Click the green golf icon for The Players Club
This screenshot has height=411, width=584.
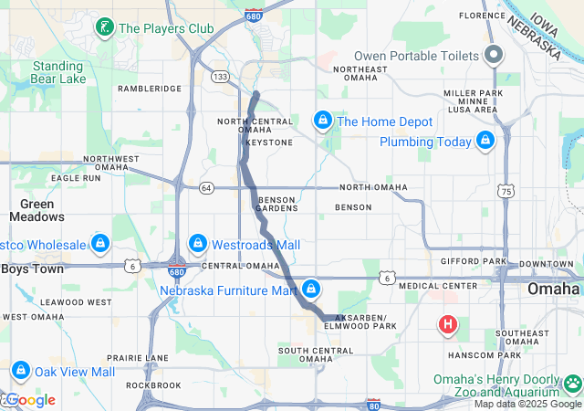pyautogui.click(x=106, y=28)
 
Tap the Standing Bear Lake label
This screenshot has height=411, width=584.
pyautogui.click(x=58, y=73)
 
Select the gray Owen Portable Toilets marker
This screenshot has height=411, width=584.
pyautogui.click(x=494, y=56)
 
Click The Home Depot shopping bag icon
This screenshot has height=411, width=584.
pyautogui.click(x=322, y=121)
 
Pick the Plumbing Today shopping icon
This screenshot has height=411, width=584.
pyautogui.click(x=485, y=142)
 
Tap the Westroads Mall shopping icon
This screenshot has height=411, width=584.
pyautogui.click(x=197, y=244)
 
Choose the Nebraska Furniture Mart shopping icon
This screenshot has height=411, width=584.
pyautogui.click(x=312, y=290)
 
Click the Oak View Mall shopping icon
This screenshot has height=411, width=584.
pyautogui.click(x=21, y=372)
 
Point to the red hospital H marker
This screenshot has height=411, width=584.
pyautogui.click(x=448, y=324)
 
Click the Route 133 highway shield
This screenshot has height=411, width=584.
pyautogui.click(x=220, y=78)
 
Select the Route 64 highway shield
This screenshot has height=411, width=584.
pyautogui.click(x=207, y=188)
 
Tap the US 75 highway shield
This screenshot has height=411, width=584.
pyautogui.click(x=506, y=190)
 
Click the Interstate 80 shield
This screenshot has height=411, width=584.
pyautogui.click(x=372, y=403)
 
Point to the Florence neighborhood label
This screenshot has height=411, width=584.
pyautogui.click(x=482, y=16)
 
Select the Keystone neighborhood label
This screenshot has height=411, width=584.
pyautogui.click(x=268, y=142)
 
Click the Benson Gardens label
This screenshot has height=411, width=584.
pyautogui.click(x=278, y=204)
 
